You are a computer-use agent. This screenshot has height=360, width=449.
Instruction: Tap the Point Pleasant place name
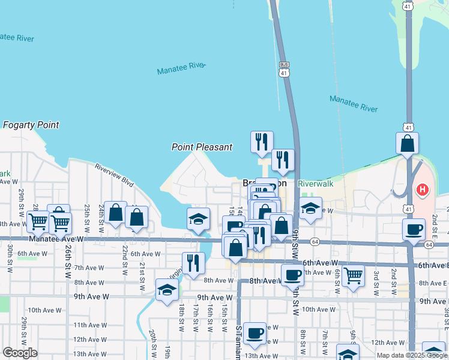coord(202,146)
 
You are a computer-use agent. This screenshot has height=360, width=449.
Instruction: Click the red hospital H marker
coord(423,190)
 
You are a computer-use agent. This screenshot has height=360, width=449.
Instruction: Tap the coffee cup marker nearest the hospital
coord(414,230)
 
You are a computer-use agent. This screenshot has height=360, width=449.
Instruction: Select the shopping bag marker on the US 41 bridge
coord(408,144)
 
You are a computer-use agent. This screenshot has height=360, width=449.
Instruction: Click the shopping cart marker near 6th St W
coord(354,275)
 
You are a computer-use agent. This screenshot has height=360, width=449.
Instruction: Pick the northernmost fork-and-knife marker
coord(262,142)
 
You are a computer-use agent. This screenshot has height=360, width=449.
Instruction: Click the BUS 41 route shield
coord(284,68)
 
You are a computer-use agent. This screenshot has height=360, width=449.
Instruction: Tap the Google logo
coord(20,352)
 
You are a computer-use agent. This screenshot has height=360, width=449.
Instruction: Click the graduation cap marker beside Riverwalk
coord(310,209)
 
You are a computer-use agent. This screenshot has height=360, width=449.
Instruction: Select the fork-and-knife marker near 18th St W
coord(193,263)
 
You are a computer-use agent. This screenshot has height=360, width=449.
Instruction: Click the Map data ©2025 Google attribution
coord(412,355)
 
